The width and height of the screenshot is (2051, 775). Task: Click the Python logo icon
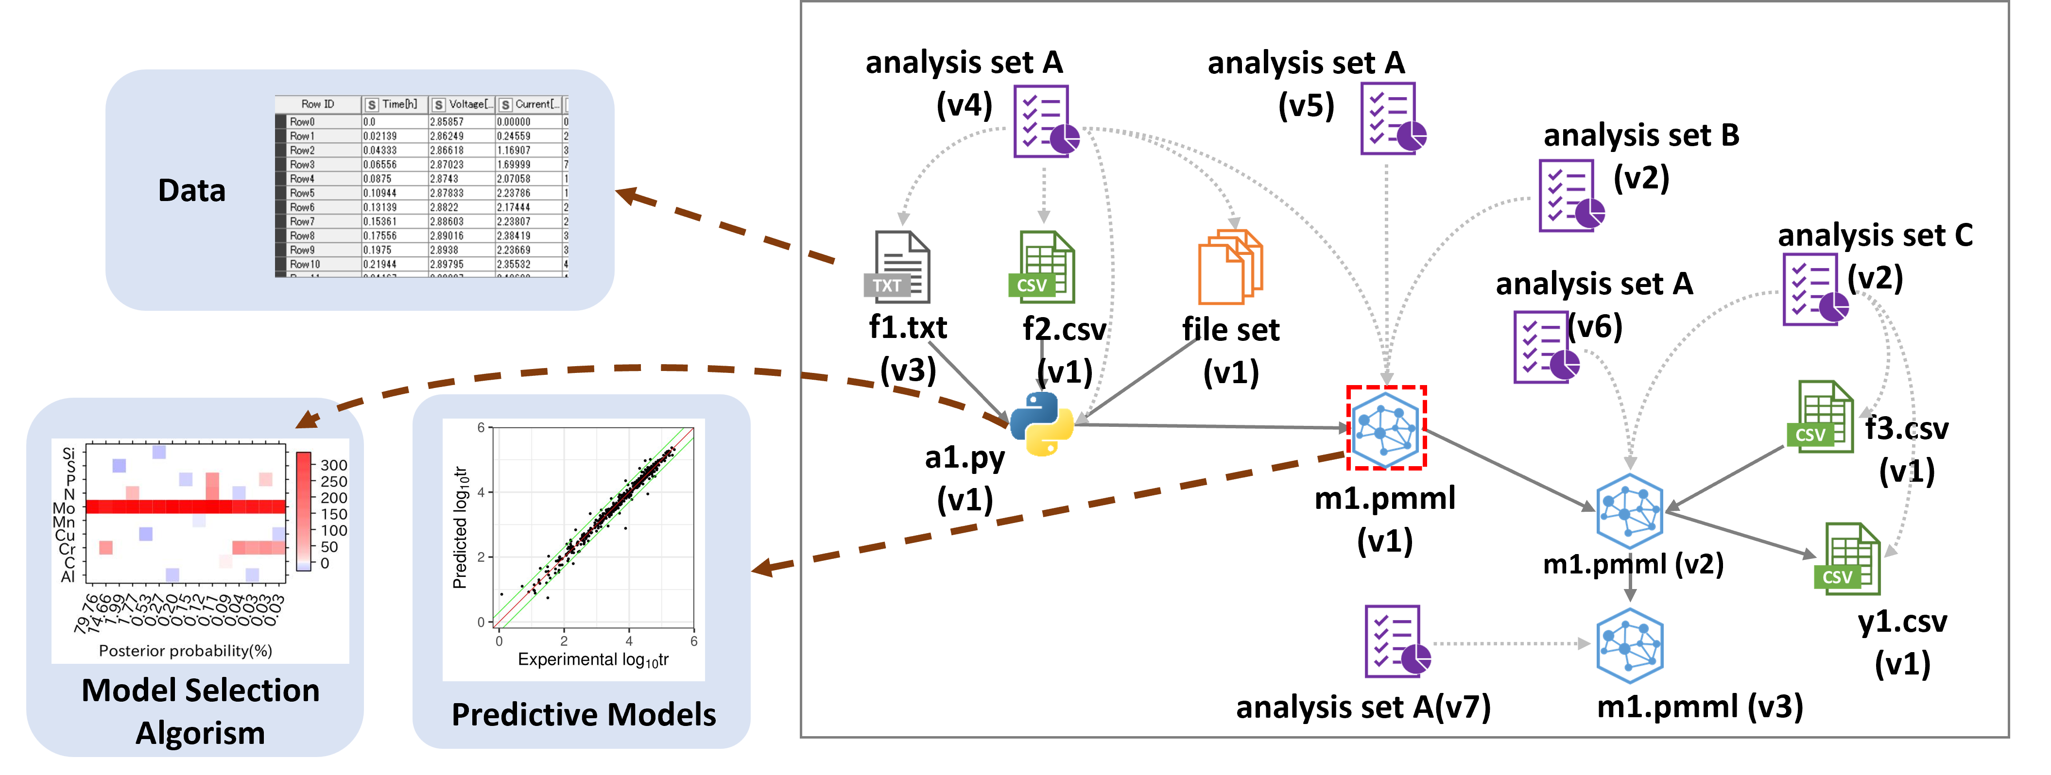point(1041,423)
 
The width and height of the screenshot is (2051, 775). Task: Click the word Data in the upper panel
point(192,191)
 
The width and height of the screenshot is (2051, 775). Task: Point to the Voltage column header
point(462,104)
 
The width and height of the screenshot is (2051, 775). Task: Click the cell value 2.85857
point(447,122)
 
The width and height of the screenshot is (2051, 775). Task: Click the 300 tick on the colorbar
point(334,465)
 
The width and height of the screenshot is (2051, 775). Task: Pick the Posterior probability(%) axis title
point(186,651)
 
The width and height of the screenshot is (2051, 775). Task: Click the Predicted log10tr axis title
point(460,527)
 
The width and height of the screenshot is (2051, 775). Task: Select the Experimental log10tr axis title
point(593,659)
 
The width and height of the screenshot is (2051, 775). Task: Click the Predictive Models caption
point(584,714)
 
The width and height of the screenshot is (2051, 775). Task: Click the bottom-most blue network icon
point(1630,645)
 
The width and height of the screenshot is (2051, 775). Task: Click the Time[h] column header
point(394,104)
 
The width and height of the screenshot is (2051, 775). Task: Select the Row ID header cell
point(318,104)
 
